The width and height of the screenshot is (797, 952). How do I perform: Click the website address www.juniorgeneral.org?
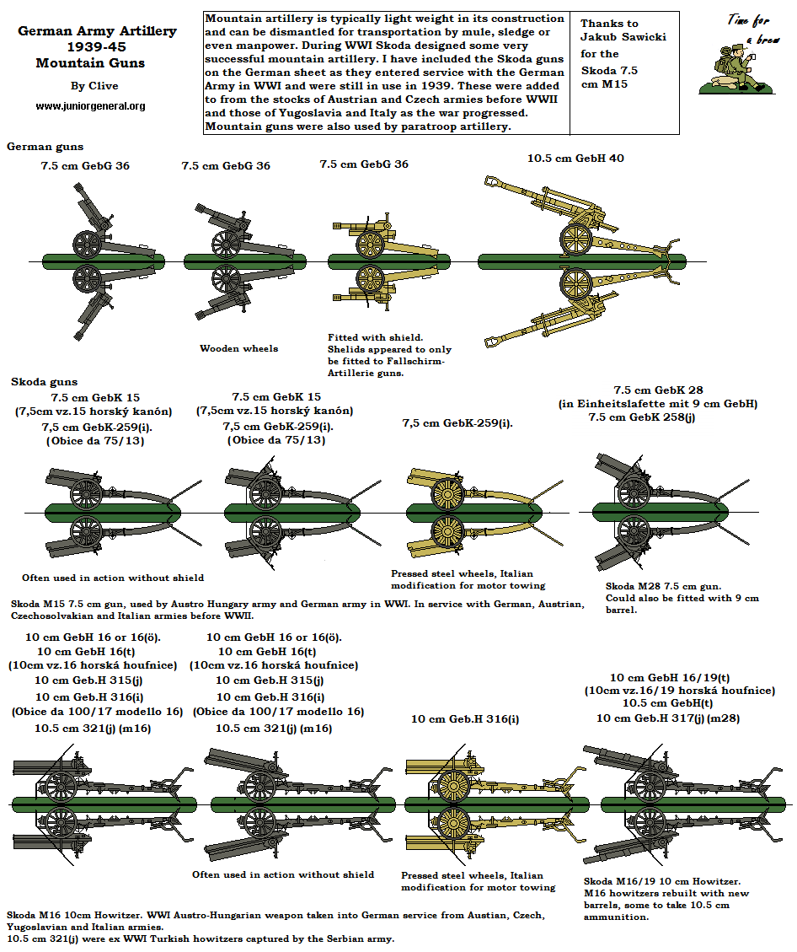coord(90,106)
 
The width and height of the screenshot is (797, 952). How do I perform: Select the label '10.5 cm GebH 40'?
coord(575,158)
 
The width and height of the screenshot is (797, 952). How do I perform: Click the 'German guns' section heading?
coord(45,147)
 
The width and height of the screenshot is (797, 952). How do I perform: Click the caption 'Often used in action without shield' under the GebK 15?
coord(113,578)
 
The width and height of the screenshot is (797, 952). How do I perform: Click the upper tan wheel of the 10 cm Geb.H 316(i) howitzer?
coord(453,785)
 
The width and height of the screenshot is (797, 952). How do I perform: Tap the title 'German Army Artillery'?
coord(98,31)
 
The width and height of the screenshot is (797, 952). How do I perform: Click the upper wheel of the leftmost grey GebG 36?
coord(85,243)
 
